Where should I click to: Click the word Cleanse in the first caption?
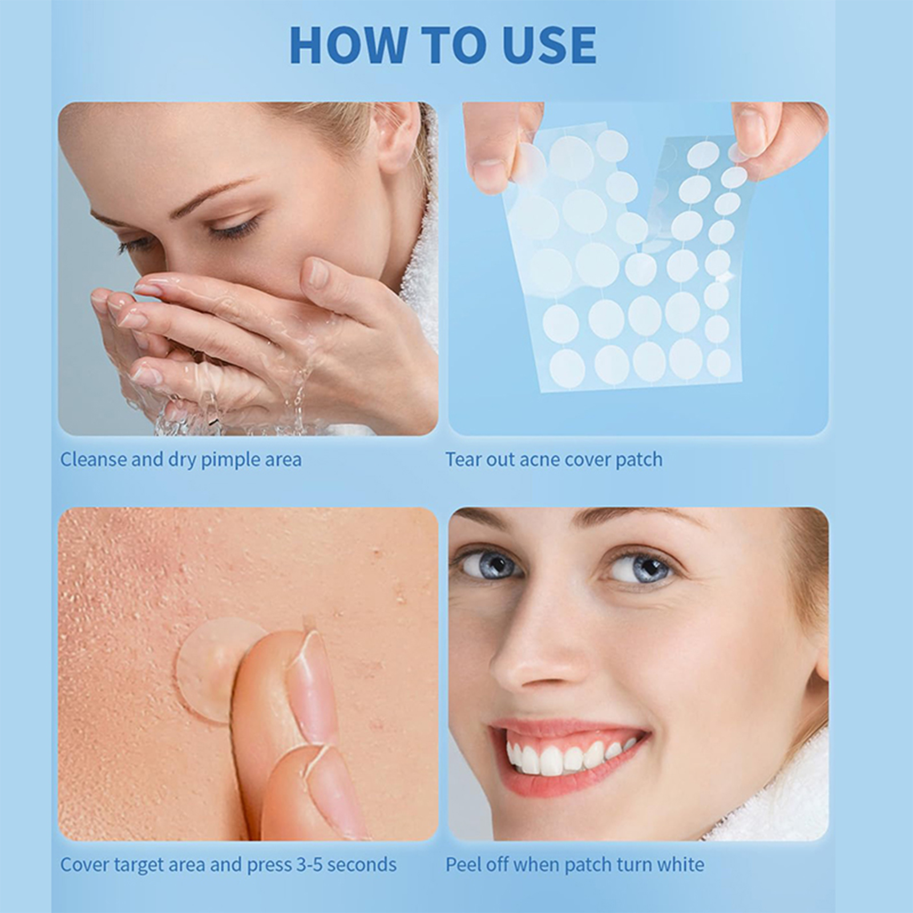point(94,459)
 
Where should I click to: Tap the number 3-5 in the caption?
point(309,865)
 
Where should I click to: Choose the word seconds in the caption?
point(362,865)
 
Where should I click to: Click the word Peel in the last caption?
point(463,865)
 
